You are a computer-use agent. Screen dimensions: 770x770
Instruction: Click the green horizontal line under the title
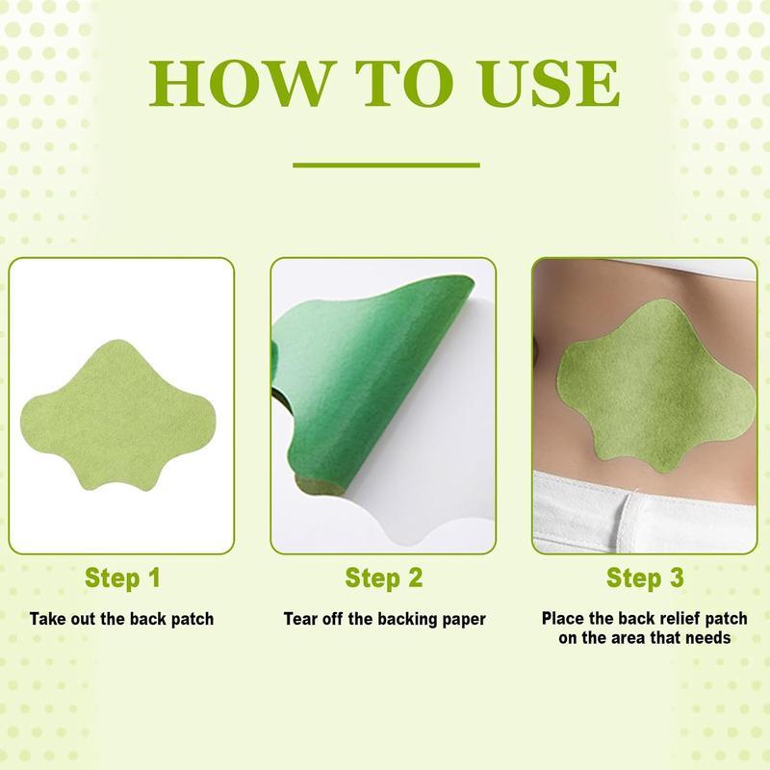(x=385, y=165)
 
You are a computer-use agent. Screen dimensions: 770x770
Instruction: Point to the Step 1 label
(x=122, y=578)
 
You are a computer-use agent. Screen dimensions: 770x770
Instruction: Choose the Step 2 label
(x=384, y=578)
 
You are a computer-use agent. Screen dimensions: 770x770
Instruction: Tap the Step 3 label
(x=645, y=578)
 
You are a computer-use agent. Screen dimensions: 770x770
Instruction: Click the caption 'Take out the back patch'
(x=122, y=618)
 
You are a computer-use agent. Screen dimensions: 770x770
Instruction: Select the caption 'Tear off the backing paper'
(x=384, y=618)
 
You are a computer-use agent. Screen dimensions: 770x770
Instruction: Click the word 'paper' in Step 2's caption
(x=462, y=619)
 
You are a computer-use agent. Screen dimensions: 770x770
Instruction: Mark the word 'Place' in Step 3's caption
(x=562, y=618)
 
